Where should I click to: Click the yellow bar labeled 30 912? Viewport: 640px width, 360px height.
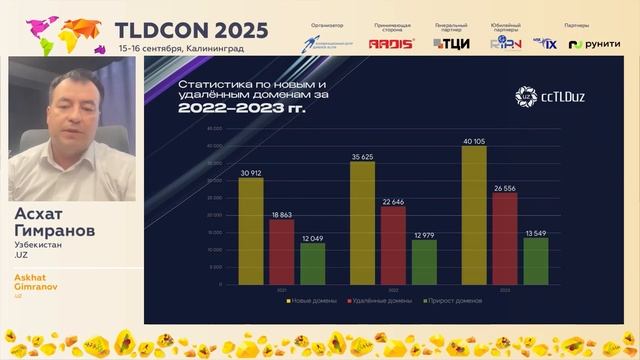coord(251,229)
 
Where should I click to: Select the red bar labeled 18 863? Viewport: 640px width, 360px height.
coord(282,249)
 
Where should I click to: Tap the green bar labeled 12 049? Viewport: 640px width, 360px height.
coord(312,261)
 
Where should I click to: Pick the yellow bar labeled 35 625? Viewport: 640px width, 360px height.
coord(362,221)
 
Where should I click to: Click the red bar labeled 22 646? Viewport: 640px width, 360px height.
coord(393,243)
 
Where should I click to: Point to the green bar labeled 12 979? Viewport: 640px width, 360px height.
coord(424,260)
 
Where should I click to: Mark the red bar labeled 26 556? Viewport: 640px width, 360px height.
coord(505,236)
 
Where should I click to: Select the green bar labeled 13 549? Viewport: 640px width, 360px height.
coord(536,259)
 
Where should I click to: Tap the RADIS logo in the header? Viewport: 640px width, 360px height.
coord(384,44)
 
